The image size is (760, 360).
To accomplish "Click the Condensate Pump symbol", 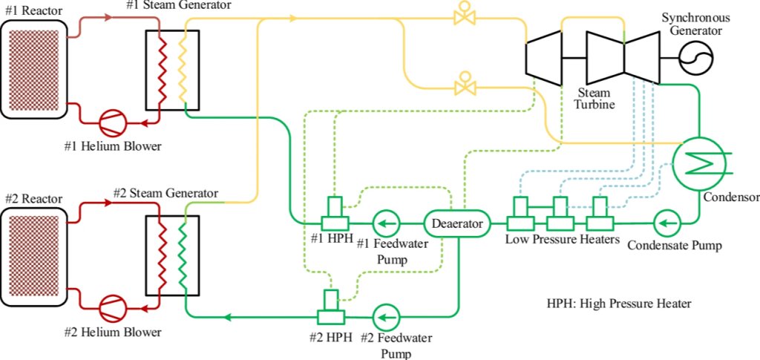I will (667, 222).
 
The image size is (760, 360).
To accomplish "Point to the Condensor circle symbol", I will (699, 163).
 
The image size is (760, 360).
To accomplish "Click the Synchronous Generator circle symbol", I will (696, 56).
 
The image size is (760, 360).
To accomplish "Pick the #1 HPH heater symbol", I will (336, 216).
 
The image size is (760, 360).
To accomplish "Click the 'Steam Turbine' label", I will (594, 99).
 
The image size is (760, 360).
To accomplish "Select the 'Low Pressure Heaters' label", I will (562, 240).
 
